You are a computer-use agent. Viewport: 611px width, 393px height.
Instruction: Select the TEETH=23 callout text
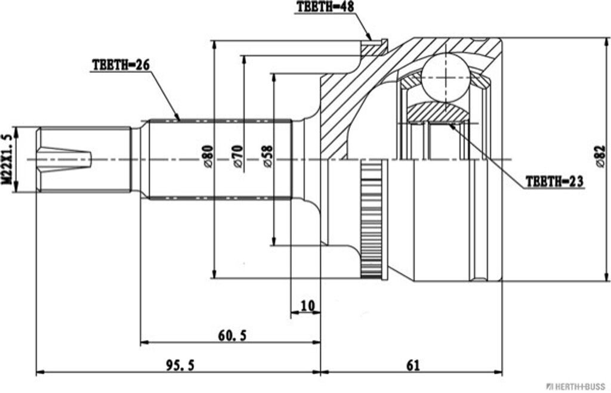(x=554, y=181)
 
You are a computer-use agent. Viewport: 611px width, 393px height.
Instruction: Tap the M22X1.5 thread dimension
(x=7, y=159)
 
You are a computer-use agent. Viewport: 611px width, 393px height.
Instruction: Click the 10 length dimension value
(x=307, y=305)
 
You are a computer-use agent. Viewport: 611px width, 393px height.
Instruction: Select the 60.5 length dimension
(x=232, y=335)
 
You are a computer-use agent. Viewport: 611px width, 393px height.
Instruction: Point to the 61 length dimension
(x=411, y=365)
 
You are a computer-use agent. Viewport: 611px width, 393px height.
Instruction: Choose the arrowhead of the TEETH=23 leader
(x=451, y=126)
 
